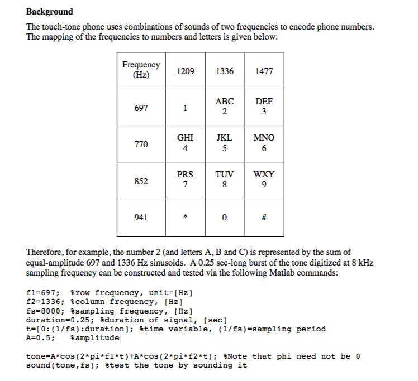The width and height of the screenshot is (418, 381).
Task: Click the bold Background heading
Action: click(x=50, y=11)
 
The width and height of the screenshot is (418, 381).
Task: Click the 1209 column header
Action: click(x=185, y=71)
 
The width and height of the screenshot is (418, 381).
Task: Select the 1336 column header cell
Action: click(x=224, y=71)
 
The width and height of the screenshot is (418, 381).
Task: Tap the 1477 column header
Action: click(x=264, y=71)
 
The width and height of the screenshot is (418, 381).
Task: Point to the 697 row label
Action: click(x=141, y=108)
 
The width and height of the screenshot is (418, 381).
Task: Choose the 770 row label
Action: click(x=141, y=144)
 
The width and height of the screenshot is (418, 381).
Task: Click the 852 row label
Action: click(x=141, y=181)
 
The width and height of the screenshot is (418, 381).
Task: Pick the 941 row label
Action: click(x=141, y=217)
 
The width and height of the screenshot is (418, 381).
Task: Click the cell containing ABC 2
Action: click(x=224, y=107)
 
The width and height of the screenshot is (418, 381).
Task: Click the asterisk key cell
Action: click(x=185, y=218)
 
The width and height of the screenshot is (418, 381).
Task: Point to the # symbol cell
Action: click(x=264, y=218)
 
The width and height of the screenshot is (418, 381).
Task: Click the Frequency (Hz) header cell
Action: click(x=141, y=70)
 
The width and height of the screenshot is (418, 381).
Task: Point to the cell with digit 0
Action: click(x=224, y=218)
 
